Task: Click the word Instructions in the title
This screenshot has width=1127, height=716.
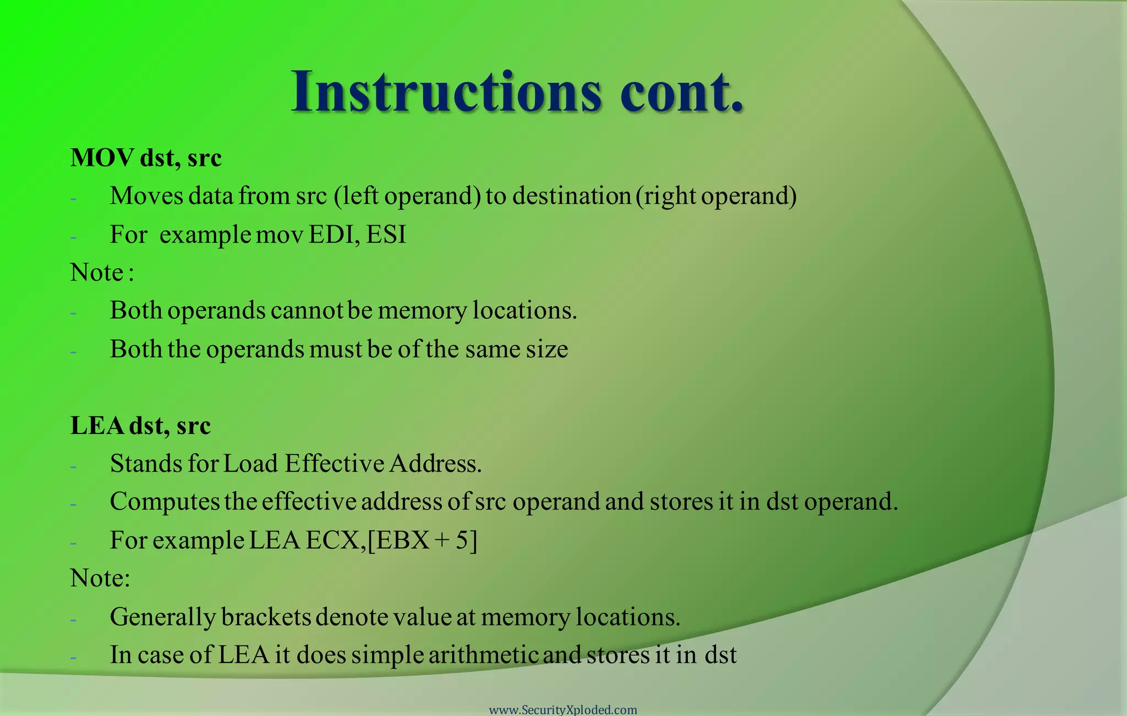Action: coord(446,92)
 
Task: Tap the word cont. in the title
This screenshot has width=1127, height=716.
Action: coord(682,92)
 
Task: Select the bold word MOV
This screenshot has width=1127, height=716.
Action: coord(102,158)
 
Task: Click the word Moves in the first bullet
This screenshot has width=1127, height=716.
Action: coord(146,196)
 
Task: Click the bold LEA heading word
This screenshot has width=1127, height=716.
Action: coord(96,426)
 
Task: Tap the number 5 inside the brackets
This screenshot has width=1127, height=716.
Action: coord(462,540)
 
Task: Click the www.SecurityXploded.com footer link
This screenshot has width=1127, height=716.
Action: coord(563,710)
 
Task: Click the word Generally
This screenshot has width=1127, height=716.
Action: coord(162,617)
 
